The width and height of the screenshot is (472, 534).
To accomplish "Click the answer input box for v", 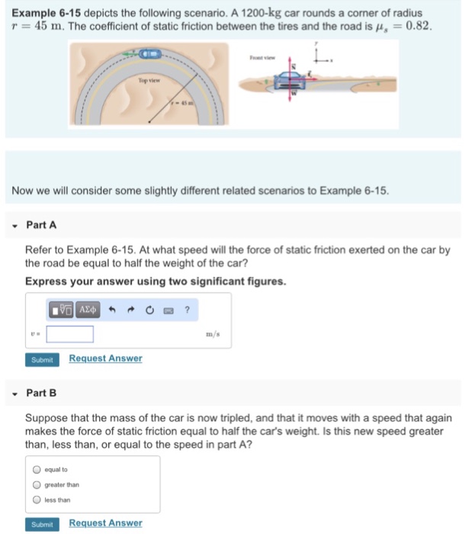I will [70, 334].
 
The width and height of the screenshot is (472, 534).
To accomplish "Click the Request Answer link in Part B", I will [105, 523].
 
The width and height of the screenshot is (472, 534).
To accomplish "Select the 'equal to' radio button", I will [36, 470].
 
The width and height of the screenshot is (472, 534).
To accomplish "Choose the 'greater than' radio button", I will [36, 484].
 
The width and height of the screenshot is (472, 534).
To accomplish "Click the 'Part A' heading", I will [41, 225].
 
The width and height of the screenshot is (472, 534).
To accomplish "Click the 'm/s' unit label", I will [215, 334].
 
